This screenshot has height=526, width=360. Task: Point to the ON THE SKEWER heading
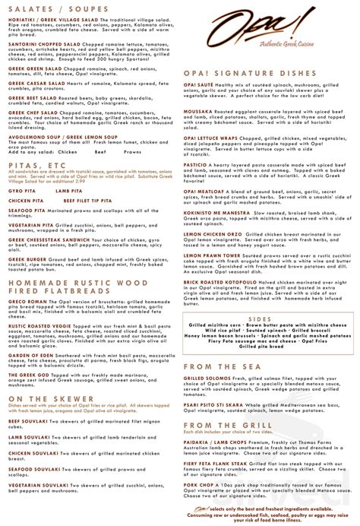[46, 398]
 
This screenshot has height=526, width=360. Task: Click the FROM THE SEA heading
[221, 367]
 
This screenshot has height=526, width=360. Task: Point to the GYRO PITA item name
[24, 201]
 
